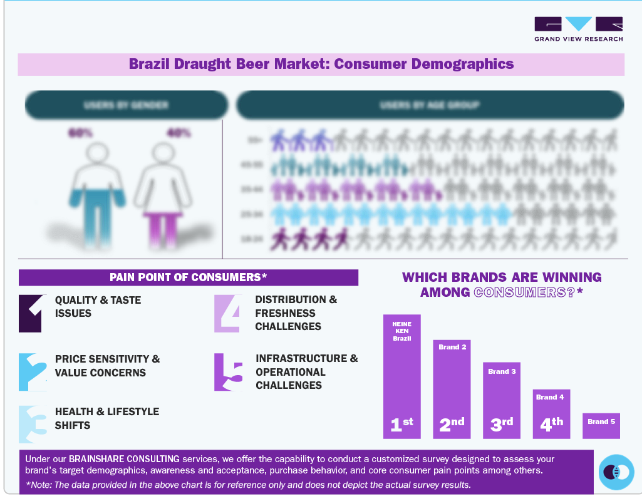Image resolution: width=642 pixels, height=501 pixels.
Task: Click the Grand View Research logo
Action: pyautogui.click(x=578, y=29)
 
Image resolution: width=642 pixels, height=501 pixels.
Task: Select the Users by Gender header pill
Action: pyautogui.click(x=126, y=105)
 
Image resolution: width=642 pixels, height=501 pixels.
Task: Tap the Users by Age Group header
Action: pyautogui.click(x=430, y=105)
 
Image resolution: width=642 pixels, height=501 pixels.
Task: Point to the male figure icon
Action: pyautogui.click(x=98, y=194)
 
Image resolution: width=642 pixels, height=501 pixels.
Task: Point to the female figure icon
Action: pyautogui.click(x=162, y=194)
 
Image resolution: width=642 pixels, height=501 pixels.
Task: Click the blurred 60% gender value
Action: pyautogui.click(x=81, y=133)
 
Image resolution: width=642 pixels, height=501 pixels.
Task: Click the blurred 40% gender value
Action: pyautogui.click(x=179, y=133)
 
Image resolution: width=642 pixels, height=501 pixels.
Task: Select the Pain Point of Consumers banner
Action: pyautogui.click(x=188, y=277)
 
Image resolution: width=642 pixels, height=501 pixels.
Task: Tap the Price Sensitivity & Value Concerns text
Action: pyautogui.click(x=107, y=366)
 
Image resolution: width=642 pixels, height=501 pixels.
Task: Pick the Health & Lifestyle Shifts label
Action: pyautogui.click(x=107, y=418)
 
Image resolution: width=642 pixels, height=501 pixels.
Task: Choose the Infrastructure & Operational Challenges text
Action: pyautogui.click(x=306, y=371)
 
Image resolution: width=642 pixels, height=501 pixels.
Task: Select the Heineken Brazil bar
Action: pyautogui.click(x=401, y=376)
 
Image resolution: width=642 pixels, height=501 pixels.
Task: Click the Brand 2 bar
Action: pyautogui.click(x=452, y=388)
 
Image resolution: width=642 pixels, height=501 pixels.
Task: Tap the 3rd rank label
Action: pyautogui.click(x=502, y=424)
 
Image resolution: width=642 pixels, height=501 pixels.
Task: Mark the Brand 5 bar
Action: pyautogui.click(x=601, y=425)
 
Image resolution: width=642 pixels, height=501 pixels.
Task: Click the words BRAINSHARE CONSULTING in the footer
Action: pyautogui.click(x=124, y=459)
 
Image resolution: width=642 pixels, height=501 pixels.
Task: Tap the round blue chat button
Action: pyautogui.click(x=616, y=472)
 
